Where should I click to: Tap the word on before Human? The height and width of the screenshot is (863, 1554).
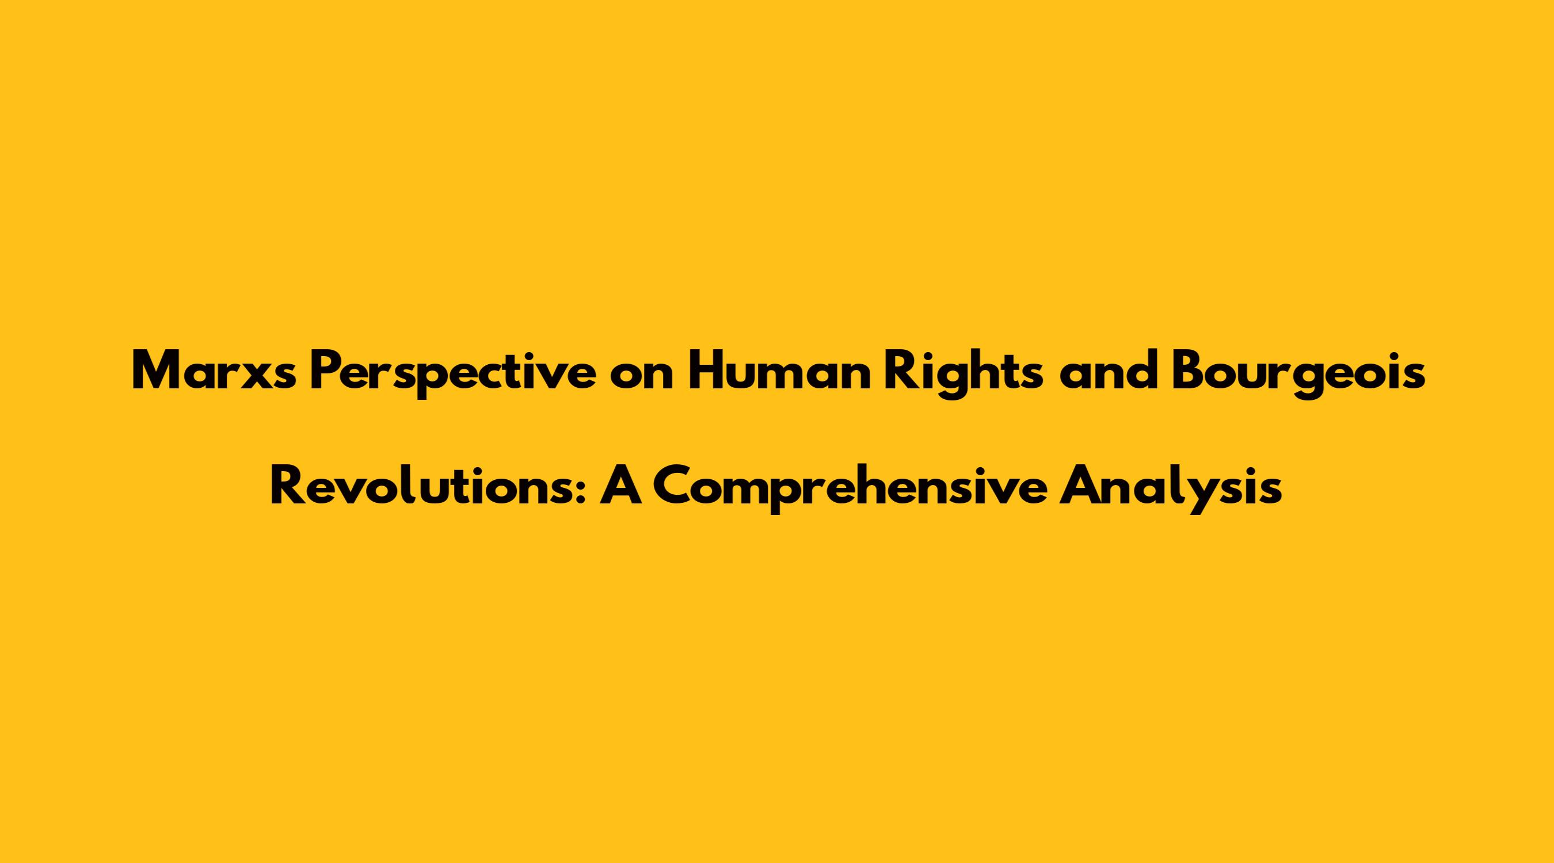pyautogui.click(x=641, y=377)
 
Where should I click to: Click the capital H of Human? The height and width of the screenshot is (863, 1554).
pyautogui.click(x=704, y=372)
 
